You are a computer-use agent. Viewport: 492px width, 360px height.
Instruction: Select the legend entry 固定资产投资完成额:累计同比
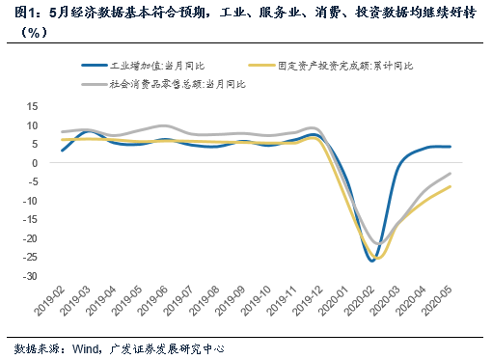[343, 67]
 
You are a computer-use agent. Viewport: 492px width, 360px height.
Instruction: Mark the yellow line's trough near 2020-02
[377, 258]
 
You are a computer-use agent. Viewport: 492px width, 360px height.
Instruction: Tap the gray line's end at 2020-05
[451, 174]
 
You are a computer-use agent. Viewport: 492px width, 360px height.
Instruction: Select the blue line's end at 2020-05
[451, 147]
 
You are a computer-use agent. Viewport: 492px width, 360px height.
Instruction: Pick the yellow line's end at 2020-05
[451, 186]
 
